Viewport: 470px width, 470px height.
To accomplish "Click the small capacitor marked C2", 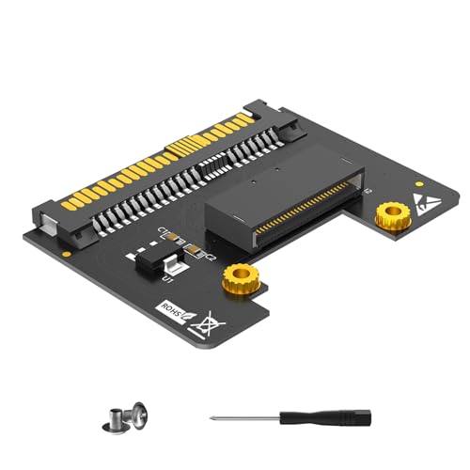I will [195, 249].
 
